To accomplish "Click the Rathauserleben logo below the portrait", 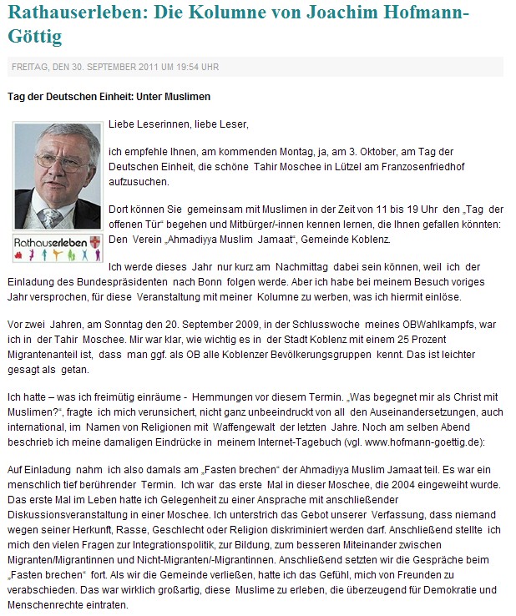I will (x=57, y=247).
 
